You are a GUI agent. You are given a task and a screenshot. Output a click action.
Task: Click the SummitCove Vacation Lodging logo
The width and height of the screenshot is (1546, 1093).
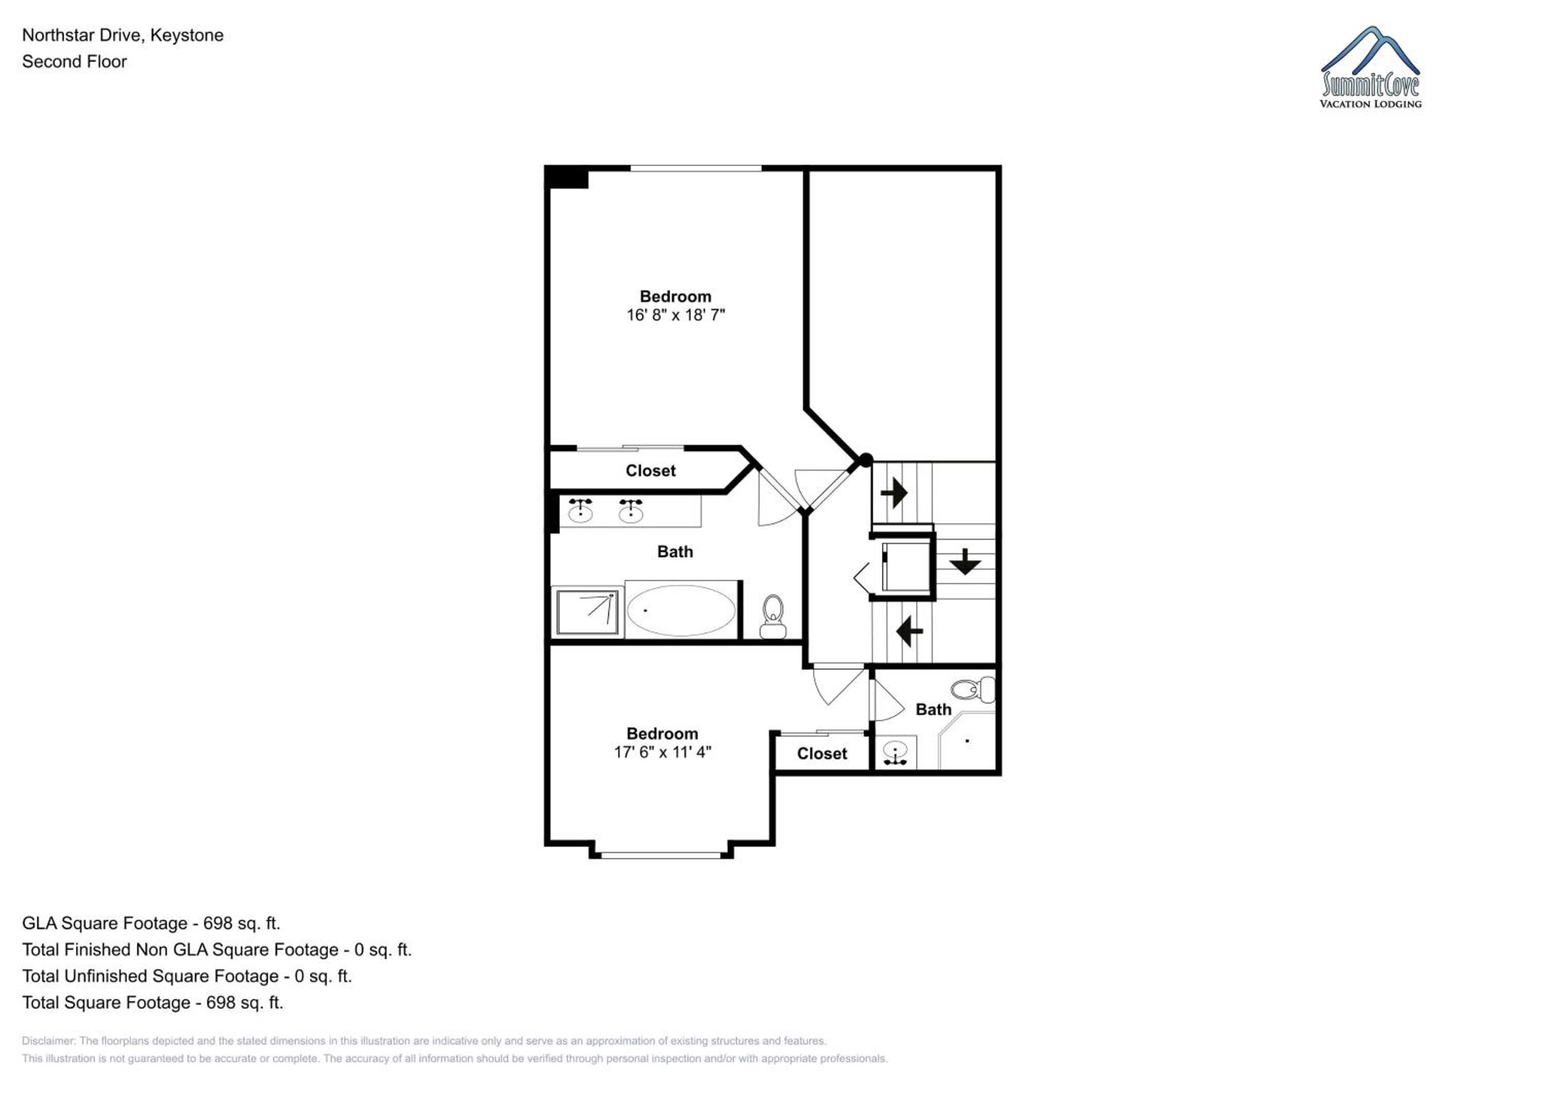click(x=1370, y=67)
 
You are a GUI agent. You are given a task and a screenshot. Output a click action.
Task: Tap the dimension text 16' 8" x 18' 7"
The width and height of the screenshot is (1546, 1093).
click(x=676, y=315)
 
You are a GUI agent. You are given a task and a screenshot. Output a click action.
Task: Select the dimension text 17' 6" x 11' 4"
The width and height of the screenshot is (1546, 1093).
click(x=663, y=753)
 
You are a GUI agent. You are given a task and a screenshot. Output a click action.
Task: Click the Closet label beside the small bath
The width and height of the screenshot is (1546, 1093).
click(x=821, y=754)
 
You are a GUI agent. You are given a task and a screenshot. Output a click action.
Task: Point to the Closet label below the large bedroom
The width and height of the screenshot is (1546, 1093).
click(x=650, y=471)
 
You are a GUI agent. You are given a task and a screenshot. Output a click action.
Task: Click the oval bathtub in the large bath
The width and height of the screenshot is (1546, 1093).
click(x=681, y=610)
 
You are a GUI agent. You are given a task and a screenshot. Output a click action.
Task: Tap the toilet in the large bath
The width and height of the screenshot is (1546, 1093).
click(x=773, y=617)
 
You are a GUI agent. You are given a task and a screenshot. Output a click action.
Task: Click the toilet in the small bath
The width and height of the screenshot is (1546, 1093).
click(x=973, y=690)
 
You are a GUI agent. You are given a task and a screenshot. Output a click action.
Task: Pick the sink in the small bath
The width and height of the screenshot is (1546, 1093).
click(x=895, y=753)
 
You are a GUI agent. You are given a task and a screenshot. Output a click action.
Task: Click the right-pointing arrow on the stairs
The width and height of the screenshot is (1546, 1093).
click(x=894, y=493)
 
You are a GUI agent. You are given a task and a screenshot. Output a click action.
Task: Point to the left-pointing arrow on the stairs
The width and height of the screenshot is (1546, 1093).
click(x=909, y=631)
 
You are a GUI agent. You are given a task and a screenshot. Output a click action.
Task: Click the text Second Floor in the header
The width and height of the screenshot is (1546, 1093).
click(x=74, y=62)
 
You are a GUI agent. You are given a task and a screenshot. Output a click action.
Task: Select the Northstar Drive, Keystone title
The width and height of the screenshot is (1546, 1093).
click(x=123, y=36)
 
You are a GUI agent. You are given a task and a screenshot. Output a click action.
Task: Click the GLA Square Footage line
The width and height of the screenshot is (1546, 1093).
click(x=151, y=924)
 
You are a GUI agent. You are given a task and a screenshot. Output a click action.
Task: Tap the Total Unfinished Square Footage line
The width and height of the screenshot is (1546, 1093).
click(x=187, y=977)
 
